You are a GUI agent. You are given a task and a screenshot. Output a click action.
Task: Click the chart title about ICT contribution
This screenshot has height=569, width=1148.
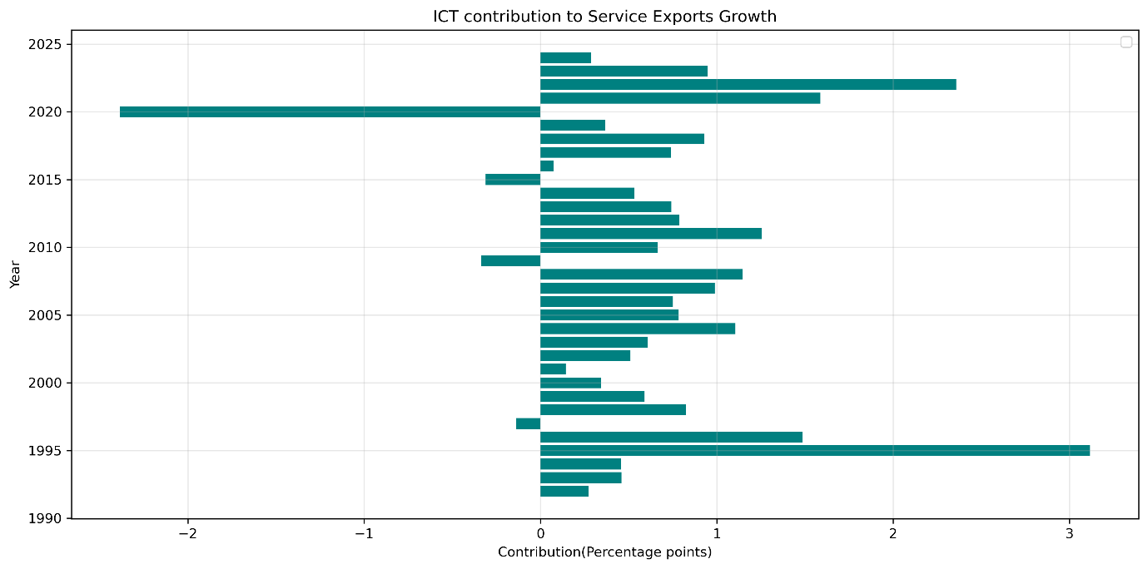tap(604, 17)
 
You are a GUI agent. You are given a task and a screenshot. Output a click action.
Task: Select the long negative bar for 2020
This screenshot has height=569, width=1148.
tap(330, 111)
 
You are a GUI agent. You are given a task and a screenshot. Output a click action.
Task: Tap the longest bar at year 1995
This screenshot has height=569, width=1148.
tap(814, 450)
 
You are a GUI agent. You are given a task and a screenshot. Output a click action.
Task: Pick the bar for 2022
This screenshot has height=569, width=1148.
tap(748, 84)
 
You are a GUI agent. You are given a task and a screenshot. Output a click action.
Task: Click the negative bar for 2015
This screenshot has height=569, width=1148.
tap(513, 179)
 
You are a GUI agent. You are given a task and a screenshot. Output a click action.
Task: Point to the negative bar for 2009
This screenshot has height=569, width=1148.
tap(510, 260)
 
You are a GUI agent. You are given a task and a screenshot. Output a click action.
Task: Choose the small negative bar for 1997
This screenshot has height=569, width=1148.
tap(528, 423)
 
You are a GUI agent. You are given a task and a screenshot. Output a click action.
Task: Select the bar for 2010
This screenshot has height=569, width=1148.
tap(599, 247)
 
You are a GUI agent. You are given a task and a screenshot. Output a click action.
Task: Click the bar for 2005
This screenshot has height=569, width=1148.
tap(609, 314)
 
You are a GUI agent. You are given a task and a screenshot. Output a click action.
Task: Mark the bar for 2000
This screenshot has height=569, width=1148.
tap(570, 383)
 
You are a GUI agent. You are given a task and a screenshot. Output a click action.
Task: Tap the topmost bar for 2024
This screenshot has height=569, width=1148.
tap(565, 57)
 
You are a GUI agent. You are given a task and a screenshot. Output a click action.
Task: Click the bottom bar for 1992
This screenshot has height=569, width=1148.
tap(564, 491)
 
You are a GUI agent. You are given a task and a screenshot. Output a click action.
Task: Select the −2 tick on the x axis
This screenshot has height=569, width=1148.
tap(188, 533)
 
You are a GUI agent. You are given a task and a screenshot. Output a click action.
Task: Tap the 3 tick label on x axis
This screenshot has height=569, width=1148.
tap(1070, 533)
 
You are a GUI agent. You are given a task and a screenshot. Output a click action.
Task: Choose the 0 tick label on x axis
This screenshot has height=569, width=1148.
tap(540, 533)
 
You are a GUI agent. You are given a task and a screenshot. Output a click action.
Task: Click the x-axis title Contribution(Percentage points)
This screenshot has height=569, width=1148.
tap(604, 552)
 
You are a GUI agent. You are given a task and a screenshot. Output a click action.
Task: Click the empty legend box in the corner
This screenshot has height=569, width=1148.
tap(1126, 42)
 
